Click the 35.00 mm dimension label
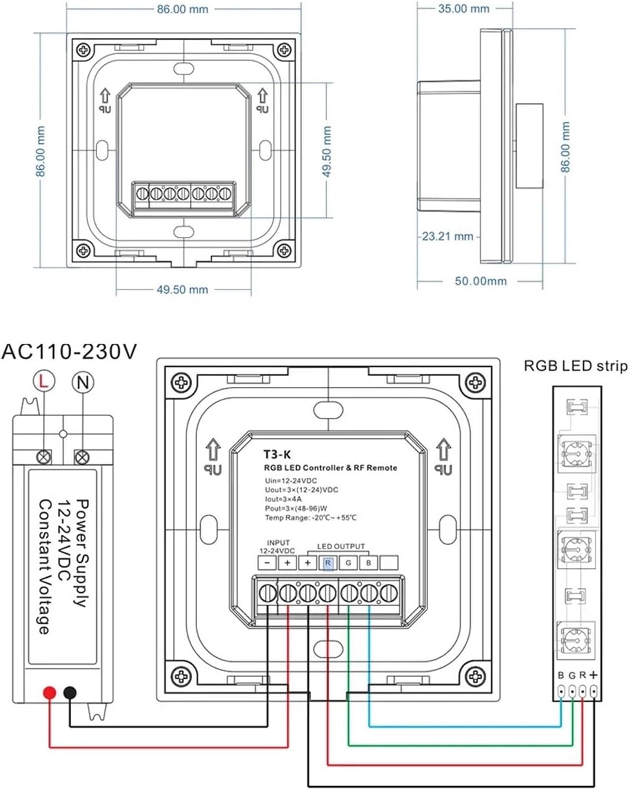pos(464,9)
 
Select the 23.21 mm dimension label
pos(447,237)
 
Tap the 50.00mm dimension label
pos(481,281)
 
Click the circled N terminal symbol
pos(83,382)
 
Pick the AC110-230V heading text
pos(69,352)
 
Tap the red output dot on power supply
pos(49,693)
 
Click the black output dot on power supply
pos(70,693)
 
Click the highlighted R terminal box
pos(328,563)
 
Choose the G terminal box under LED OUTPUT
pos(348,563)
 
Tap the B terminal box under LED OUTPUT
pos(368,563)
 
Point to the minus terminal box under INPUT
pos(267,563)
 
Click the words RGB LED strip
pos(576,366)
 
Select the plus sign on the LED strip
pos(593,675)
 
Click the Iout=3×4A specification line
pos(283,499)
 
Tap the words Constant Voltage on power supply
pos(44,567)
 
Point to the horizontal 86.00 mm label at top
pos(182,9)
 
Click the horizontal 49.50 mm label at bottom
pos(182,289)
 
